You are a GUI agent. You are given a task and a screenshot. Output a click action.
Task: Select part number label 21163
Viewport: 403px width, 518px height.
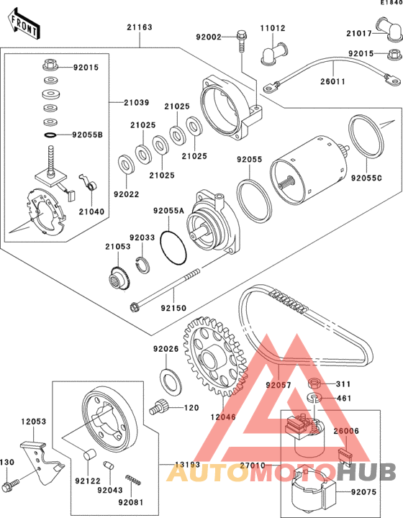click(140, 27)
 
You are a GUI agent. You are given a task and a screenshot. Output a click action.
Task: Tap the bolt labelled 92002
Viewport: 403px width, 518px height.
click(241, 41)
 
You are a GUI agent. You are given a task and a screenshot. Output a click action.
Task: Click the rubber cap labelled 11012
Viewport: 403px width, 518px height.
click(274, 54)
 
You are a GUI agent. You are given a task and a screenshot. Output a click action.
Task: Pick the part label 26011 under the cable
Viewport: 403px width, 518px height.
click(332, 81)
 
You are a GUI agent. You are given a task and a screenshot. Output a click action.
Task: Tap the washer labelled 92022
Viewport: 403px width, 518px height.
click(126, 164)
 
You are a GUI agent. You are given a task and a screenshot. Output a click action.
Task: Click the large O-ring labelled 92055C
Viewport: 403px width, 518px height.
click(366, 137)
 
